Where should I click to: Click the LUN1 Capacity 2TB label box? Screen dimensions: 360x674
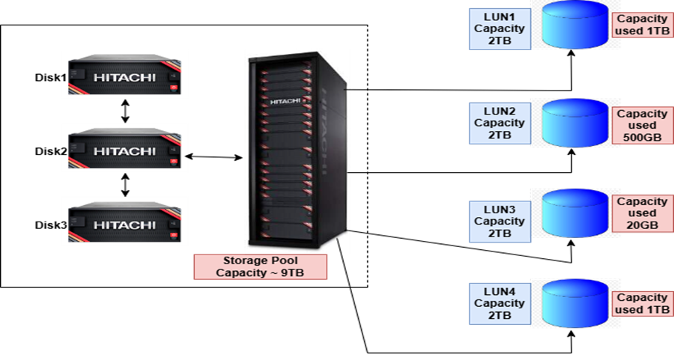pyautogui.click(x=500, y=29)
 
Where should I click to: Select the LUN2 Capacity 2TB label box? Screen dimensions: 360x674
pyautogui.click(x=500, y=123)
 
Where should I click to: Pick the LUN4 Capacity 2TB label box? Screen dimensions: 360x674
pyautogui.click(x=500, y=304)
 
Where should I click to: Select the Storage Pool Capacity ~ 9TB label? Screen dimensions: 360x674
pyautogui.click(x=261, y=267)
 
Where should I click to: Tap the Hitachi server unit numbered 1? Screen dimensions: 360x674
pyautogui.click(x=125, y=76)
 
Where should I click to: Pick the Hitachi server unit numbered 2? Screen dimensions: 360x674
pyautogui.click(x=125, y=150)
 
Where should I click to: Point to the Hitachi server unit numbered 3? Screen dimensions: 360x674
pyautogui.click(x=125, y=222)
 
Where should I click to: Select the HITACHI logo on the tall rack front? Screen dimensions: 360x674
pyautogui.click(x=284, y=100)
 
